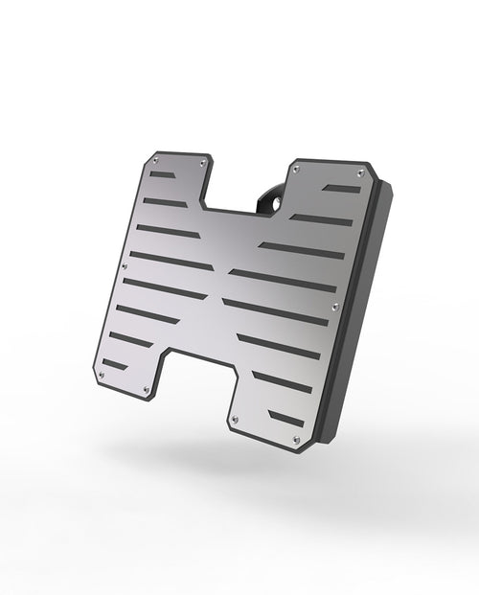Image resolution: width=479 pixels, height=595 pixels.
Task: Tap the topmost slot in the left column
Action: point(163,176)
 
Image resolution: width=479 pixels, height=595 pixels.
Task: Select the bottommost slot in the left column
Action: point(114,364)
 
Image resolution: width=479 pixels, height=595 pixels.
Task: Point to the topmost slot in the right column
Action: point(343,189)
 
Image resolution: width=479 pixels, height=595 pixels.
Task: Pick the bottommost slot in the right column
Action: point(286,417)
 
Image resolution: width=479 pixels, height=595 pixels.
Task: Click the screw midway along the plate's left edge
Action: point(125,266)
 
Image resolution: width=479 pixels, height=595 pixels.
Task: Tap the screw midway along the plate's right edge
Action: point(334,307)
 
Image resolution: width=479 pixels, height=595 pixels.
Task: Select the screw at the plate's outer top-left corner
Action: point(154,162)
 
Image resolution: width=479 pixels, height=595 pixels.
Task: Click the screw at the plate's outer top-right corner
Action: point(360,172)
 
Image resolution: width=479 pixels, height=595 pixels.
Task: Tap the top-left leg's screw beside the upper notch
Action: point(202,164)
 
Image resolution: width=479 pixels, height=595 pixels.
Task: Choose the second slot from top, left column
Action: point(166,202)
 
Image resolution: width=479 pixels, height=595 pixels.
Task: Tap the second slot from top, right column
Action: point(321,220)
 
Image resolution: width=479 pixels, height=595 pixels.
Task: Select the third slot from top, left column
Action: point(169,232)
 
